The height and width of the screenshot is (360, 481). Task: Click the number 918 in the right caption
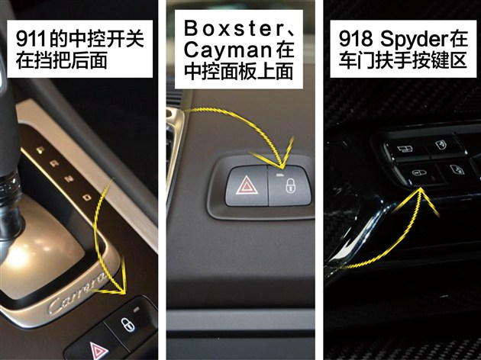pos(356,39)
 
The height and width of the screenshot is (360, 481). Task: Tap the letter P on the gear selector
pos(40,150)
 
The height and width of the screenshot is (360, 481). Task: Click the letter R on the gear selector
pos(55,164)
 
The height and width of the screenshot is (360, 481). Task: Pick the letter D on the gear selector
pos(87,197)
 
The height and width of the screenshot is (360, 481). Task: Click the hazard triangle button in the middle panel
pos(247,186)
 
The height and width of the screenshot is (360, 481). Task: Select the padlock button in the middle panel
pos(289,185)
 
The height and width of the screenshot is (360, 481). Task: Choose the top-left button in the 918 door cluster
pos(405,149)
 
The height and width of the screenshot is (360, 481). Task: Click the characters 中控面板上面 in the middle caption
pos(238,72)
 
